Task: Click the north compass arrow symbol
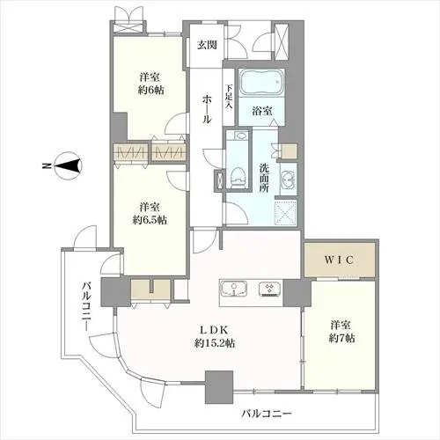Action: tap(71, 163)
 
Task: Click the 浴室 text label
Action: tap(261, 112)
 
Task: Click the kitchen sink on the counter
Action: tap(231, 290)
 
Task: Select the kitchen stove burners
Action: tap(269, 290)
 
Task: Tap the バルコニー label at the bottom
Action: tap(265, 413)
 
